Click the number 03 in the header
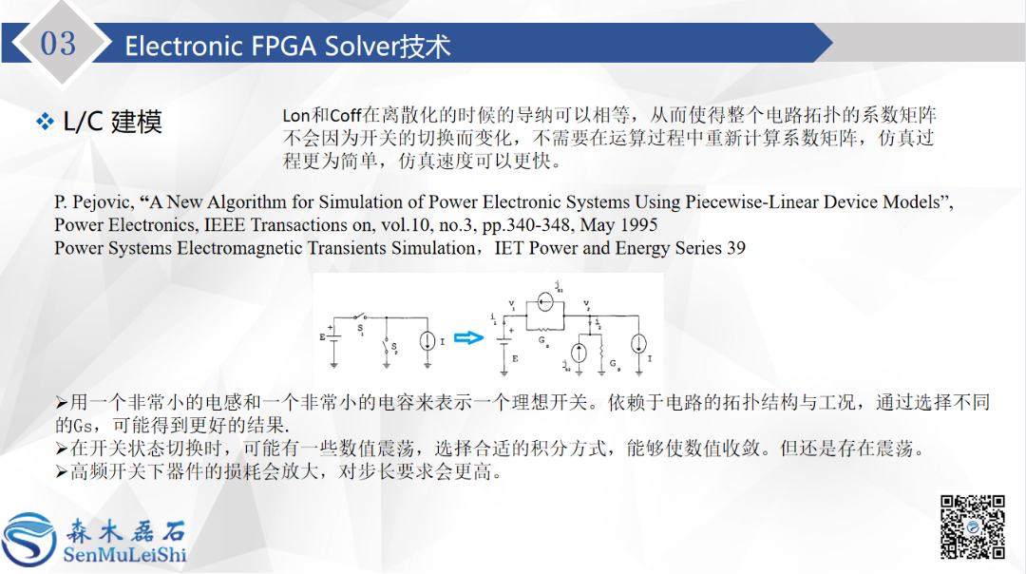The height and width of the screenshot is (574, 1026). (x=59, y=43)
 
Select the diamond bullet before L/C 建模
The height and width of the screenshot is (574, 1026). (x=45, y=122)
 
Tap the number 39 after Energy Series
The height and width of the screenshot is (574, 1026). (x=734, y=248)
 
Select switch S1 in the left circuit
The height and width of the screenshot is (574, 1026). (x=359, y=318)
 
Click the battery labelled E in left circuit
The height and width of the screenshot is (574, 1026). (x=333, y=337)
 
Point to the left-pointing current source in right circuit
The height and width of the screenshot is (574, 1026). (x=544, y=302)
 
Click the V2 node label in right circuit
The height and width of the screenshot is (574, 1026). (x=587, y=306)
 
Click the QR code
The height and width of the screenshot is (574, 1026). (x=973, y=526)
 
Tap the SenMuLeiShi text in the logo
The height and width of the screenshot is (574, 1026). (x=124, y=555)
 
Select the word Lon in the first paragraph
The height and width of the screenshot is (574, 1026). (x=296, y=116)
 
